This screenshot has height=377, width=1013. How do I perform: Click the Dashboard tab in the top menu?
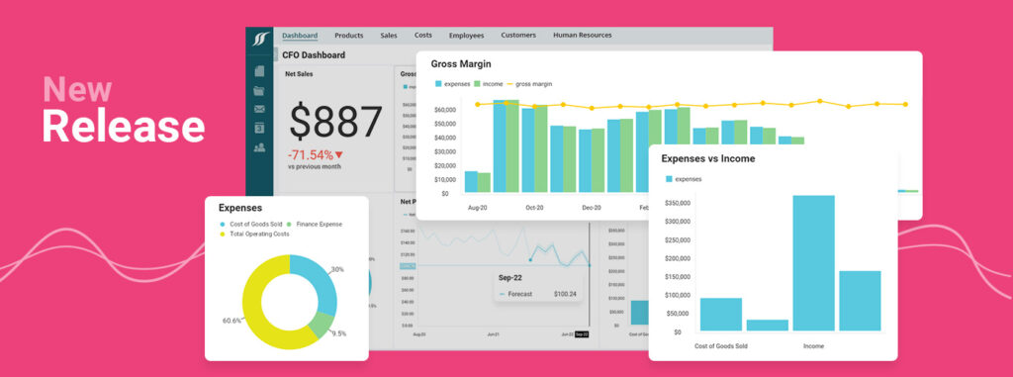(x=300, y=35)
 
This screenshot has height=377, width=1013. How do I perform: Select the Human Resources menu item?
(x=582, y=35)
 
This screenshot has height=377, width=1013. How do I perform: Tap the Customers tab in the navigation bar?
(x=518, y=35)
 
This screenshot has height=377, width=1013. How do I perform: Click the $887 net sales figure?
(x=335, y=122)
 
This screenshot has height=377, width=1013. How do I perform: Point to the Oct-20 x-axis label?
(x=535, y=208)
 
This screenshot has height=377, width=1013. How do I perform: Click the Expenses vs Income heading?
(x=707, y=158)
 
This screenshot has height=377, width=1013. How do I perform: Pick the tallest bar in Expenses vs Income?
(x=813, y=263)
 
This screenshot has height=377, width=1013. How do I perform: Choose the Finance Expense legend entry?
(x=316, y=225)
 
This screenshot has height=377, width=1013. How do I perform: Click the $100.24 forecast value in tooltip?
(x=565, y=294)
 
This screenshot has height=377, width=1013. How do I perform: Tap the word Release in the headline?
(x=123, y=127)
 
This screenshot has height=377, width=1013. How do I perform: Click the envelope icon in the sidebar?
(x=259, y=109)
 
